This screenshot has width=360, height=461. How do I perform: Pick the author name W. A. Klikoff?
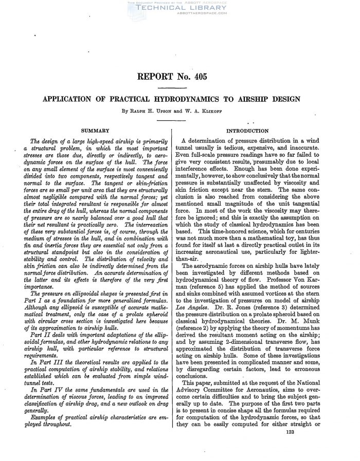[x=215, y=109]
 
